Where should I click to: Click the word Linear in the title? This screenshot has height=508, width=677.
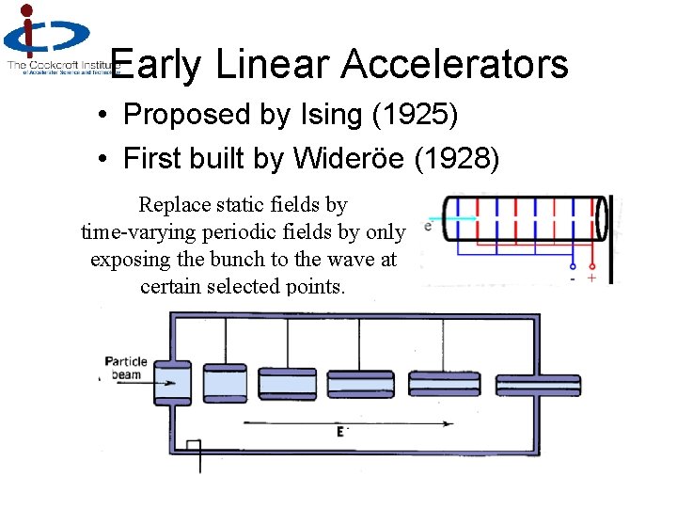[273, 65]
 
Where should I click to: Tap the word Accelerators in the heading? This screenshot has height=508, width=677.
[454, 65]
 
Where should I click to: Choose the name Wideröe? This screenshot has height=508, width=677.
[349, 159]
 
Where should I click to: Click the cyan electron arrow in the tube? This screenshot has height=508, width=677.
[461, 219]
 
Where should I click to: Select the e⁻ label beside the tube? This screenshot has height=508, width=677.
[429, 226]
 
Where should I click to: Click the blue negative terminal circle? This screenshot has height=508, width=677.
[574, 265]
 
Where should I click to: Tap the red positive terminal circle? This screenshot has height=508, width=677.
[591, 264]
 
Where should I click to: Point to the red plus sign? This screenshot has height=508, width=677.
[591, 278]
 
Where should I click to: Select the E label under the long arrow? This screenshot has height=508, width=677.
[340, 432]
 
